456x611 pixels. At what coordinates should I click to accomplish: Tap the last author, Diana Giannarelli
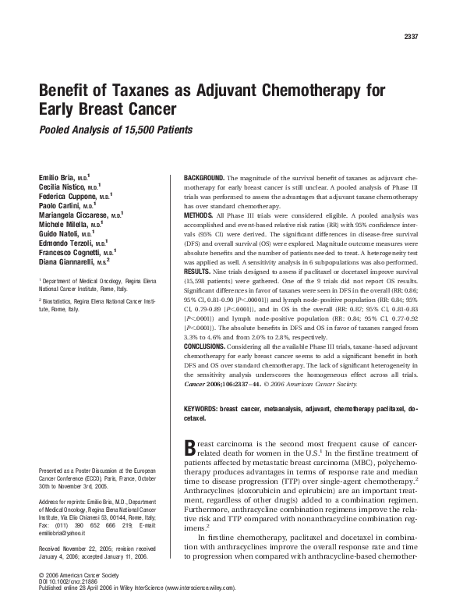coord(69,263)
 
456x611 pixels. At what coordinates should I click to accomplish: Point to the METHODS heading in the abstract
coord(198,212)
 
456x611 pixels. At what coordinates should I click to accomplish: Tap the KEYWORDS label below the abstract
coord(200,408)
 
